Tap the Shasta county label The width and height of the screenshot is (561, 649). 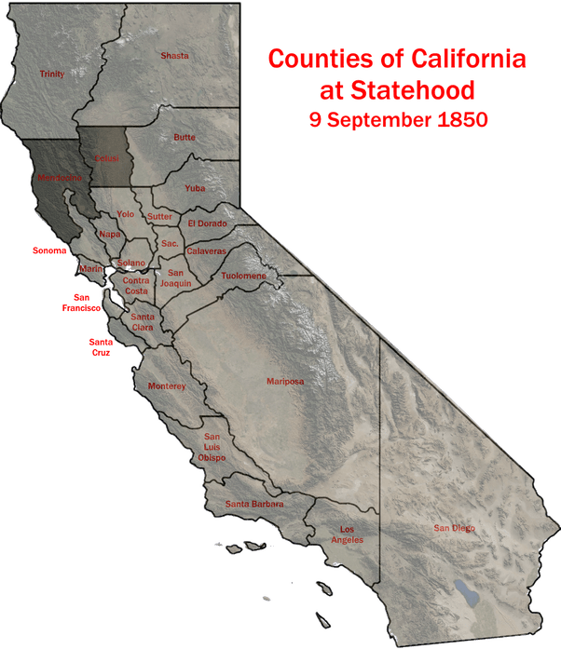(174, 56)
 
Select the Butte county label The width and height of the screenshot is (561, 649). (185, 138)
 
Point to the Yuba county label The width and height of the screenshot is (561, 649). (194, 188)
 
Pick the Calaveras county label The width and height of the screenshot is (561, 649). (206, 251)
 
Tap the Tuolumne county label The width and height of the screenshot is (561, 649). (244, 276)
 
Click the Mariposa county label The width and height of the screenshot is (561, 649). (285, 381)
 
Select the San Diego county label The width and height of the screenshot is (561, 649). (454, 528)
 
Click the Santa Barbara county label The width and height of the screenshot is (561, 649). (254, 505)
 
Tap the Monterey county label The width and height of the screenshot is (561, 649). (167, 386)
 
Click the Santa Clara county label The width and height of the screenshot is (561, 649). (143, 322)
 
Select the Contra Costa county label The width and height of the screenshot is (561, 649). (135, 286)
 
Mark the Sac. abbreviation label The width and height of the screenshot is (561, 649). (170, 243)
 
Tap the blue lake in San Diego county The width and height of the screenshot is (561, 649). (463, 591)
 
